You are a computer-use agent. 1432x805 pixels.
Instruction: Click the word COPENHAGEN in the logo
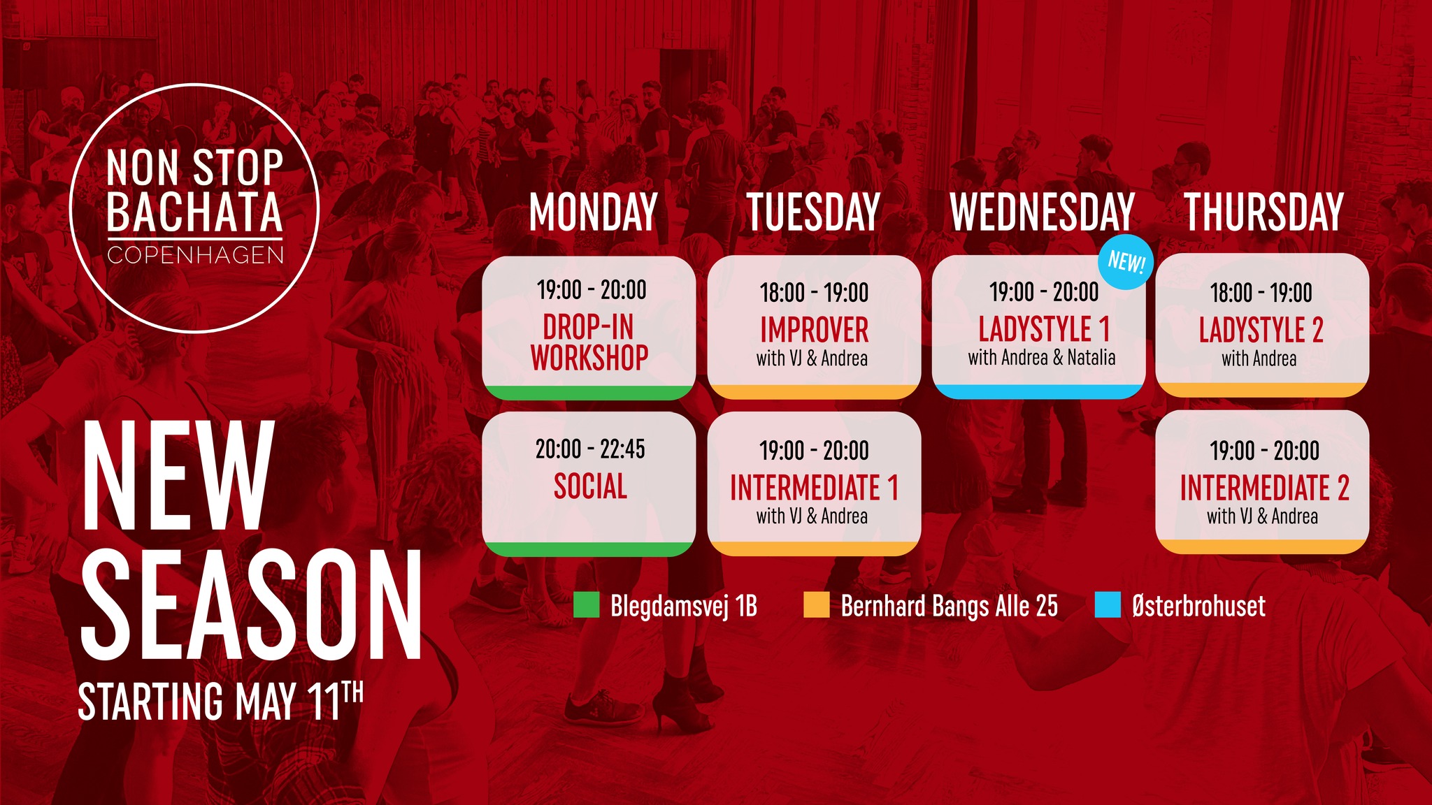pos(196,255)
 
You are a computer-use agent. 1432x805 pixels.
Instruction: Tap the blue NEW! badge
pos(1126,262)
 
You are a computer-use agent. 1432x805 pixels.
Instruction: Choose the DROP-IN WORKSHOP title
pos(589,342)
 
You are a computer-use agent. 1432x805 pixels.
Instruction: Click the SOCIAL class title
pos(590,486)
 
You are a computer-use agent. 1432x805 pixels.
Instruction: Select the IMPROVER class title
pos(814,330)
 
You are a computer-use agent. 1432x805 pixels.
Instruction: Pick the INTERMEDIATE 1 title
pos(814,488)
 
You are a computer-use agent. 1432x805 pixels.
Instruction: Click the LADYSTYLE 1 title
pos(1044,329)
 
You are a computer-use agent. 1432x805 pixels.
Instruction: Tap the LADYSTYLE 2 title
pos(1261,330)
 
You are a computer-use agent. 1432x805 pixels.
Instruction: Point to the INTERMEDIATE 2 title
pos(1264,488)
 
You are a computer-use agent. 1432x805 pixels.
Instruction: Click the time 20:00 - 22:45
pos(590,449)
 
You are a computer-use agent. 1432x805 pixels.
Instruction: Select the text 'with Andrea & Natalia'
pos(1042,358)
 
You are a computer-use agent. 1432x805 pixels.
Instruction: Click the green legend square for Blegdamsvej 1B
pos(587,605)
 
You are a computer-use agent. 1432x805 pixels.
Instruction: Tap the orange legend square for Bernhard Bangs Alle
pos(817,605)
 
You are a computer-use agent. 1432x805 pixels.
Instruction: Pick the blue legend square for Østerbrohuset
pos(1108,605)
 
